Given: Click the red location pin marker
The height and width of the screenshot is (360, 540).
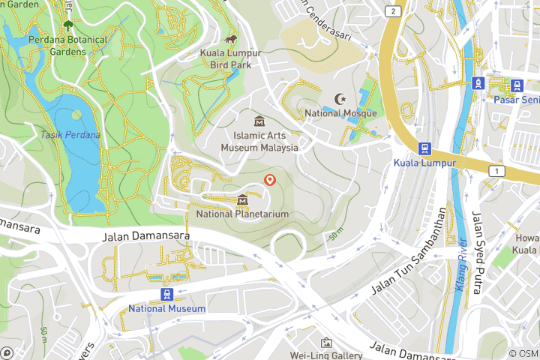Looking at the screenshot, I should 270,180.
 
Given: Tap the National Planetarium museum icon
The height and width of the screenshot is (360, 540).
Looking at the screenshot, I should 242,200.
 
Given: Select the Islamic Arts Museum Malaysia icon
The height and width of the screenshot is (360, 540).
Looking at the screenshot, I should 259,121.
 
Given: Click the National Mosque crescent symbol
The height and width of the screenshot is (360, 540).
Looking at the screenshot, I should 341,99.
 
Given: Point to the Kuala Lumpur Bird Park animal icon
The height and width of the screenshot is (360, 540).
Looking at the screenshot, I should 231,39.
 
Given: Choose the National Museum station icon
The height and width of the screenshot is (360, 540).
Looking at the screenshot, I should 166,295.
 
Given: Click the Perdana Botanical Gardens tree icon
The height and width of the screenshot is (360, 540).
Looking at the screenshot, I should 68,25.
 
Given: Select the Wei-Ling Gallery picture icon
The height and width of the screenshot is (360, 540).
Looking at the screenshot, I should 326,343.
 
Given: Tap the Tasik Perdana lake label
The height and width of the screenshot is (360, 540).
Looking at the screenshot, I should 70,135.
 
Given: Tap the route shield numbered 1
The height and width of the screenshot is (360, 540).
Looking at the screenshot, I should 496,172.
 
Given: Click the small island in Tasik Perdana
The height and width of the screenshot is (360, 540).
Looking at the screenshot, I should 76,115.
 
